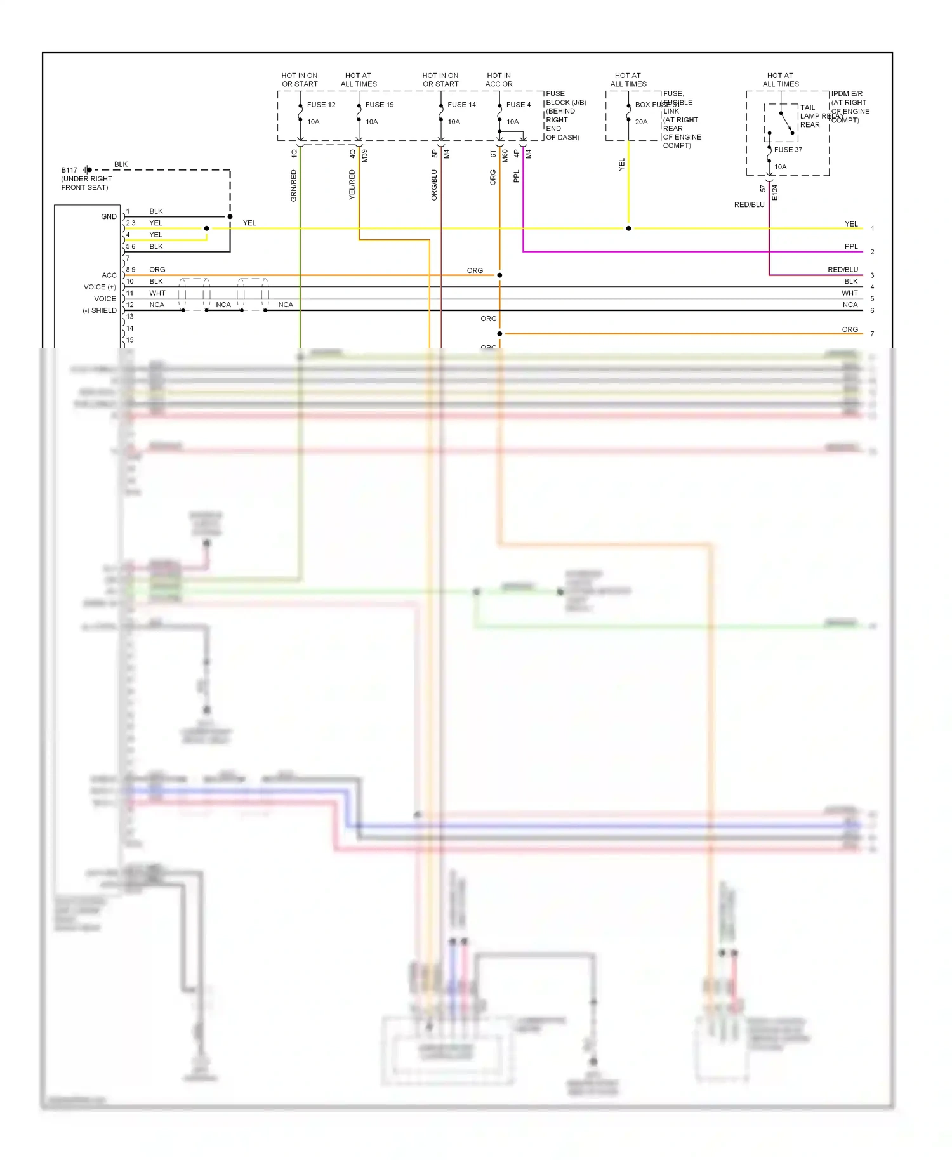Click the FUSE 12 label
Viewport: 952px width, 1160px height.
point(321,105)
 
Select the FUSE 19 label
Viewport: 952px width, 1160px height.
point(380,105)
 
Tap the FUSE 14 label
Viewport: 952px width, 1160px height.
point(461,105)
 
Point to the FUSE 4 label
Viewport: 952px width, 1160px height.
point(519,105)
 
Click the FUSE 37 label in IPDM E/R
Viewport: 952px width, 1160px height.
point(788,150)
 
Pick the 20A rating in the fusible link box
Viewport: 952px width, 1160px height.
point(641,122)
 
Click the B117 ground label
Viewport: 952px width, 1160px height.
point(69,170)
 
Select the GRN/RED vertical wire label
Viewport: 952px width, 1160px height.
point(294,186)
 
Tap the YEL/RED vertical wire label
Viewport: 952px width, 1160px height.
point(352,185)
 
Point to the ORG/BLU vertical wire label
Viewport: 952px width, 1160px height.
point(434,185)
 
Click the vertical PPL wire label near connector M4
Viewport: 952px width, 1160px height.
point(516,176)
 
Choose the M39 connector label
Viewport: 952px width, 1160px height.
point(364,155)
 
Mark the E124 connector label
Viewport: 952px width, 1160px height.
point(774,193)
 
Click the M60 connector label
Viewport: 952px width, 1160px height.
point(505,155)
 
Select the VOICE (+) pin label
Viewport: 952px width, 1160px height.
point(100,287)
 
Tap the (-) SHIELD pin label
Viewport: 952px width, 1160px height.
point(100,310)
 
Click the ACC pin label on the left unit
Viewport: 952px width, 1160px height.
point(109,275)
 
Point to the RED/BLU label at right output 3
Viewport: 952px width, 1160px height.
point(842,270)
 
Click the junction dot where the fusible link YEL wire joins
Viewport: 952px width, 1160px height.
point(628,228)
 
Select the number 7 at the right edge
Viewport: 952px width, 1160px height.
point(872,334)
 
